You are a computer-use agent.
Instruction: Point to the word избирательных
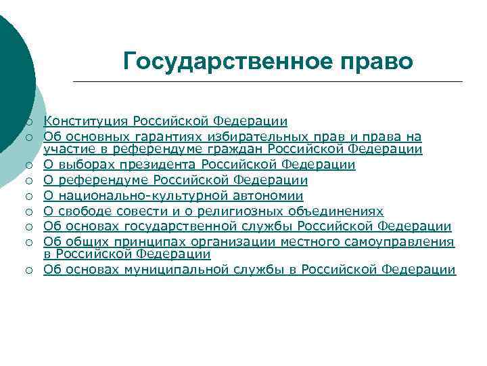[231, 138]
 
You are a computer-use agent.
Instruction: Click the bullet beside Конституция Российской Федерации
[30, 122]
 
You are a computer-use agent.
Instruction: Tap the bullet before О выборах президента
[30, 165]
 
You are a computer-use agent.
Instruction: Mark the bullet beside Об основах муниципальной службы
[30, 270]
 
